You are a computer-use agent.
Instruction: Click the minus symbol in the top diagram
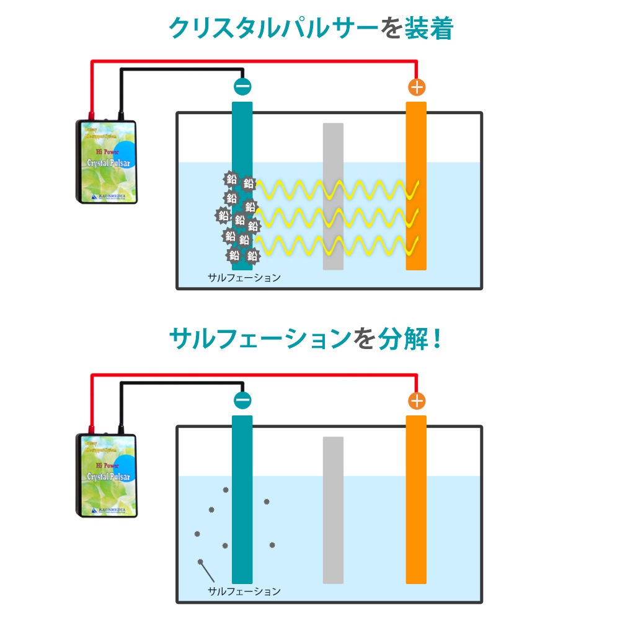pos(242,87)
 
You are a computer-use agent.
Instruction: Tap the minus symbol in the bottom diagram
pos(242,401)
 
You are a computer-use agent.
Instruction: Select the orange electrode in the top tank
pos(416,186)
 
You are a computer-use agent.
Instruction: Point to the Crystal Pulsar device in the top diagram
pos(107,161)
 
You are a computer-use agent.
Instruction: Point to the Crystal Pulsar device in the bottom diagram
pos(107,475)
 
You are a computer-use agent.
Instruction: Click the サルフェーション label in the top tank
pos(244,278)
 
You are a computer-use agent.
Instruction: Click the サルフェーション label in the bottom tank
pos(244,591)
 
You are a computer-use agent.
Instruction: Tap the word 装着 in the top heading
pos(428,28)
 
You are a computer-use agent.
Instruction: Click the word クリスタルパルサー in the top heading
pos(273,28)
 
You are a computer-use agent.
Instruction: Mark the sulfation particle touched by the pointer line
pos(200,562)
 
